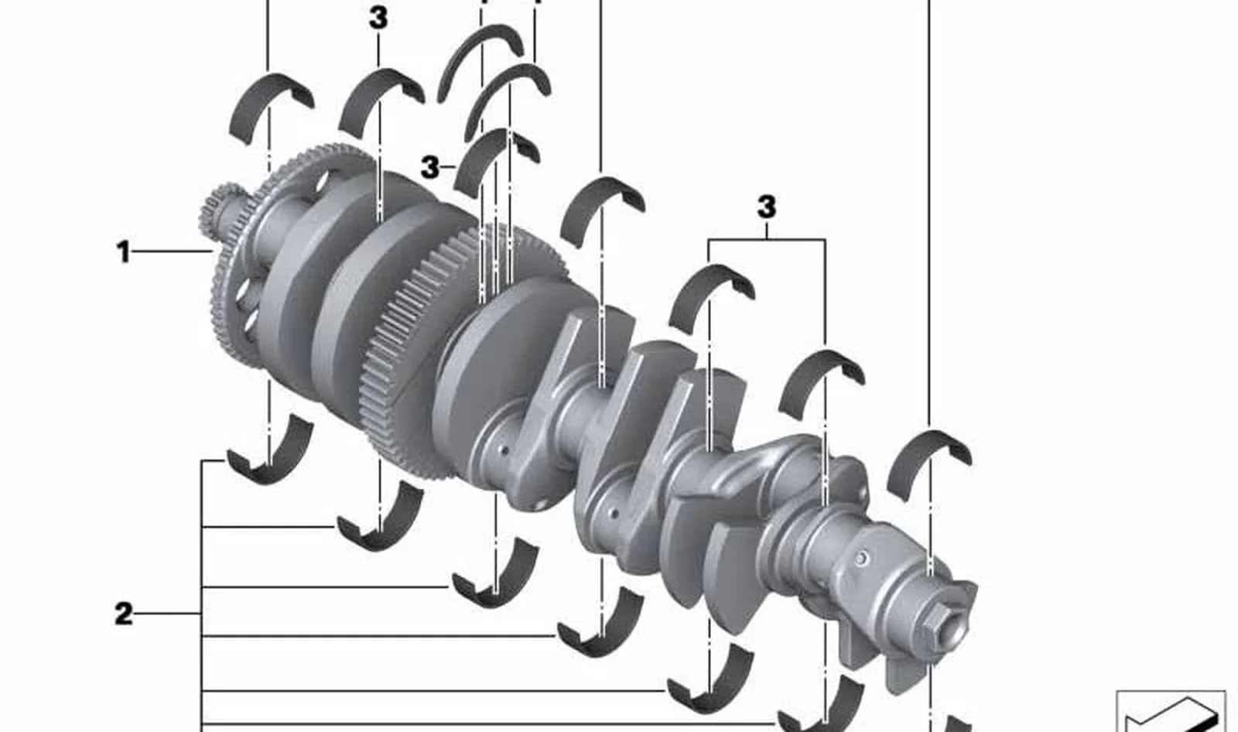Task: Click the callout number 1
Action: point(123,252)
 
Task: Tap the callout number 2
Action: point(124,614)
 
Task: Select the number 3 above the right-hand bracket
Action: point(767,207)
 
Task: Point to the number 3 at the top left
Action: point(378,19)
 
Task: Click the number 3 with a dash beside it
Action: point(430,166)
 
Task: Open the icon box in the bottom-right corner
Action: point(1171,712)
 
